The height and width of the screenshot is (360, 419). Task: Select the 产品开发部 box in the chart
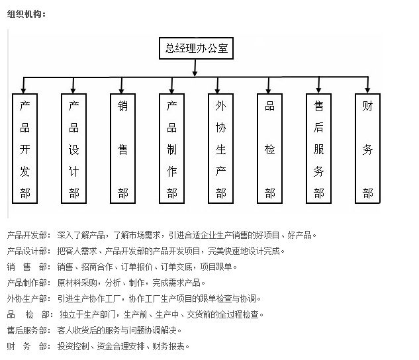pos(25,149)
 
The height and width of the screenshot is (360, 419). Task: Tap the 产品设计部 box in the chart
pos(74,149)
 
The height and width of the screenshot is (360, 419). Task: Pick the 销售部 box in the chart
pos(123,149)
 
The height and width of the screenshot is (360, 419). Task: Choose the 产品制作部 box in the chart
pos(172,149)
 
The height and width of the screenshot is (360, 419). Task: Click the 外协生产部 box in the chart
pos(221,149)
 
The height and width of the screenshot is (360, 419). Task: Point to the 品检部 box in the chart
pos(270,149)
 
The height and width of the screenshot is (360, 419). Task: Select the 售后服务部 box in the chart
pos(319,149)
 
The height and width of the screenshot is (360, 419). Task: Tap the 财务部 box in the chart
pos(368,149)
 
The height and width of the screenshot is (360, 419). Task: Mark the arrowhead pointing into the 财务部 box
pos(368,88)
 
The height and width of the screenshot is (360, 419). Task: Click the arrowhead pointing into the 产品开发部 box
pos(25,88)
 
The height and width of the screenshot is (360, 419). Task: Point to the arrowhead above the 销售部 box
pos(123,88)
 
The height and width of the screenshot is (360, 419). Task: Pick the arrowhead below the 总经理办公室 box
pos(195,72)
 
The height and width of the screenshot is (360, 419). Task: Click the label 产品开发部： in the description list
pos(28,235)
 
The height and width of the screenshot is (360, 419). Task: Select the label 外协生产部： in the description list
pos(28,298)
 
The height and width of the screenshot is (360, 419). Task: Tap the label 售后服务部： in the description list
pos(28,330)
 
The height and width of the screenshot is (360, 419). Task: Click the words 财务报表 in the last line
pos(171,346)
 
